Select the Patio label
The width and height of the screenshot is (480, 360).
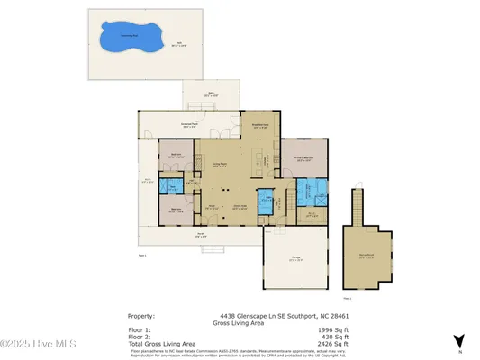pos(213,94)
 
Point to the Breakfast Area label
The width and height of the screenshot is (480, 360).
pos(260,127)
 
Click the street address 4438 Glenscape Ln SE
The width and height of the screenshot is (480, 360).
pos(256,316)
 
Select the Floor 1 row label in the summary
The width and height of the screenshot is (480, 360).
pos(141,329)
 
